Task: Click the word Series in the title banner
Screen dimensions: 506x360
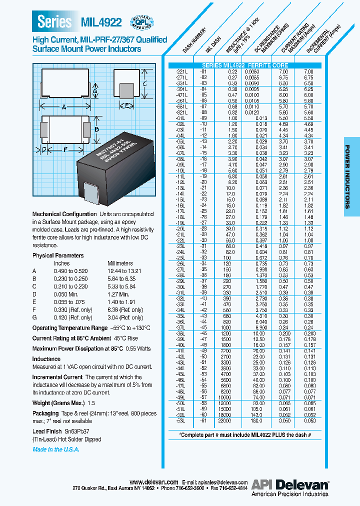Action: click(55, 22)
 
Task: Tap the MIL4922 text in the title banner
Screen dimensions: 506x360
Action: click(100, 22)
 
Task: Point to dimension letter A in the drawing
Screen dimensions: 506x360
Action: click(64, 107)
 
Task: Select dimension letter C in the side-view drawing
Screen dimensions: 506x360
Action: click(143, 84)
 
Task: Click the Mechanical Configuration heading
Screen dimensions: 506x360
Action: click(64, 214)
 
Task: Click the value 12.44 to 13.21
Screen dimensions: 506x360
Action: click(124, 270)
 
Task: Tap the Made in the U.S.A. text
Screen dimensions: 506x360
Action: click(56, 449)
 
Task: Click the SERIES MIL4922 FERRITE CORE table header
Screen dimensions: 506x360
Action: click(244, 65)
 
